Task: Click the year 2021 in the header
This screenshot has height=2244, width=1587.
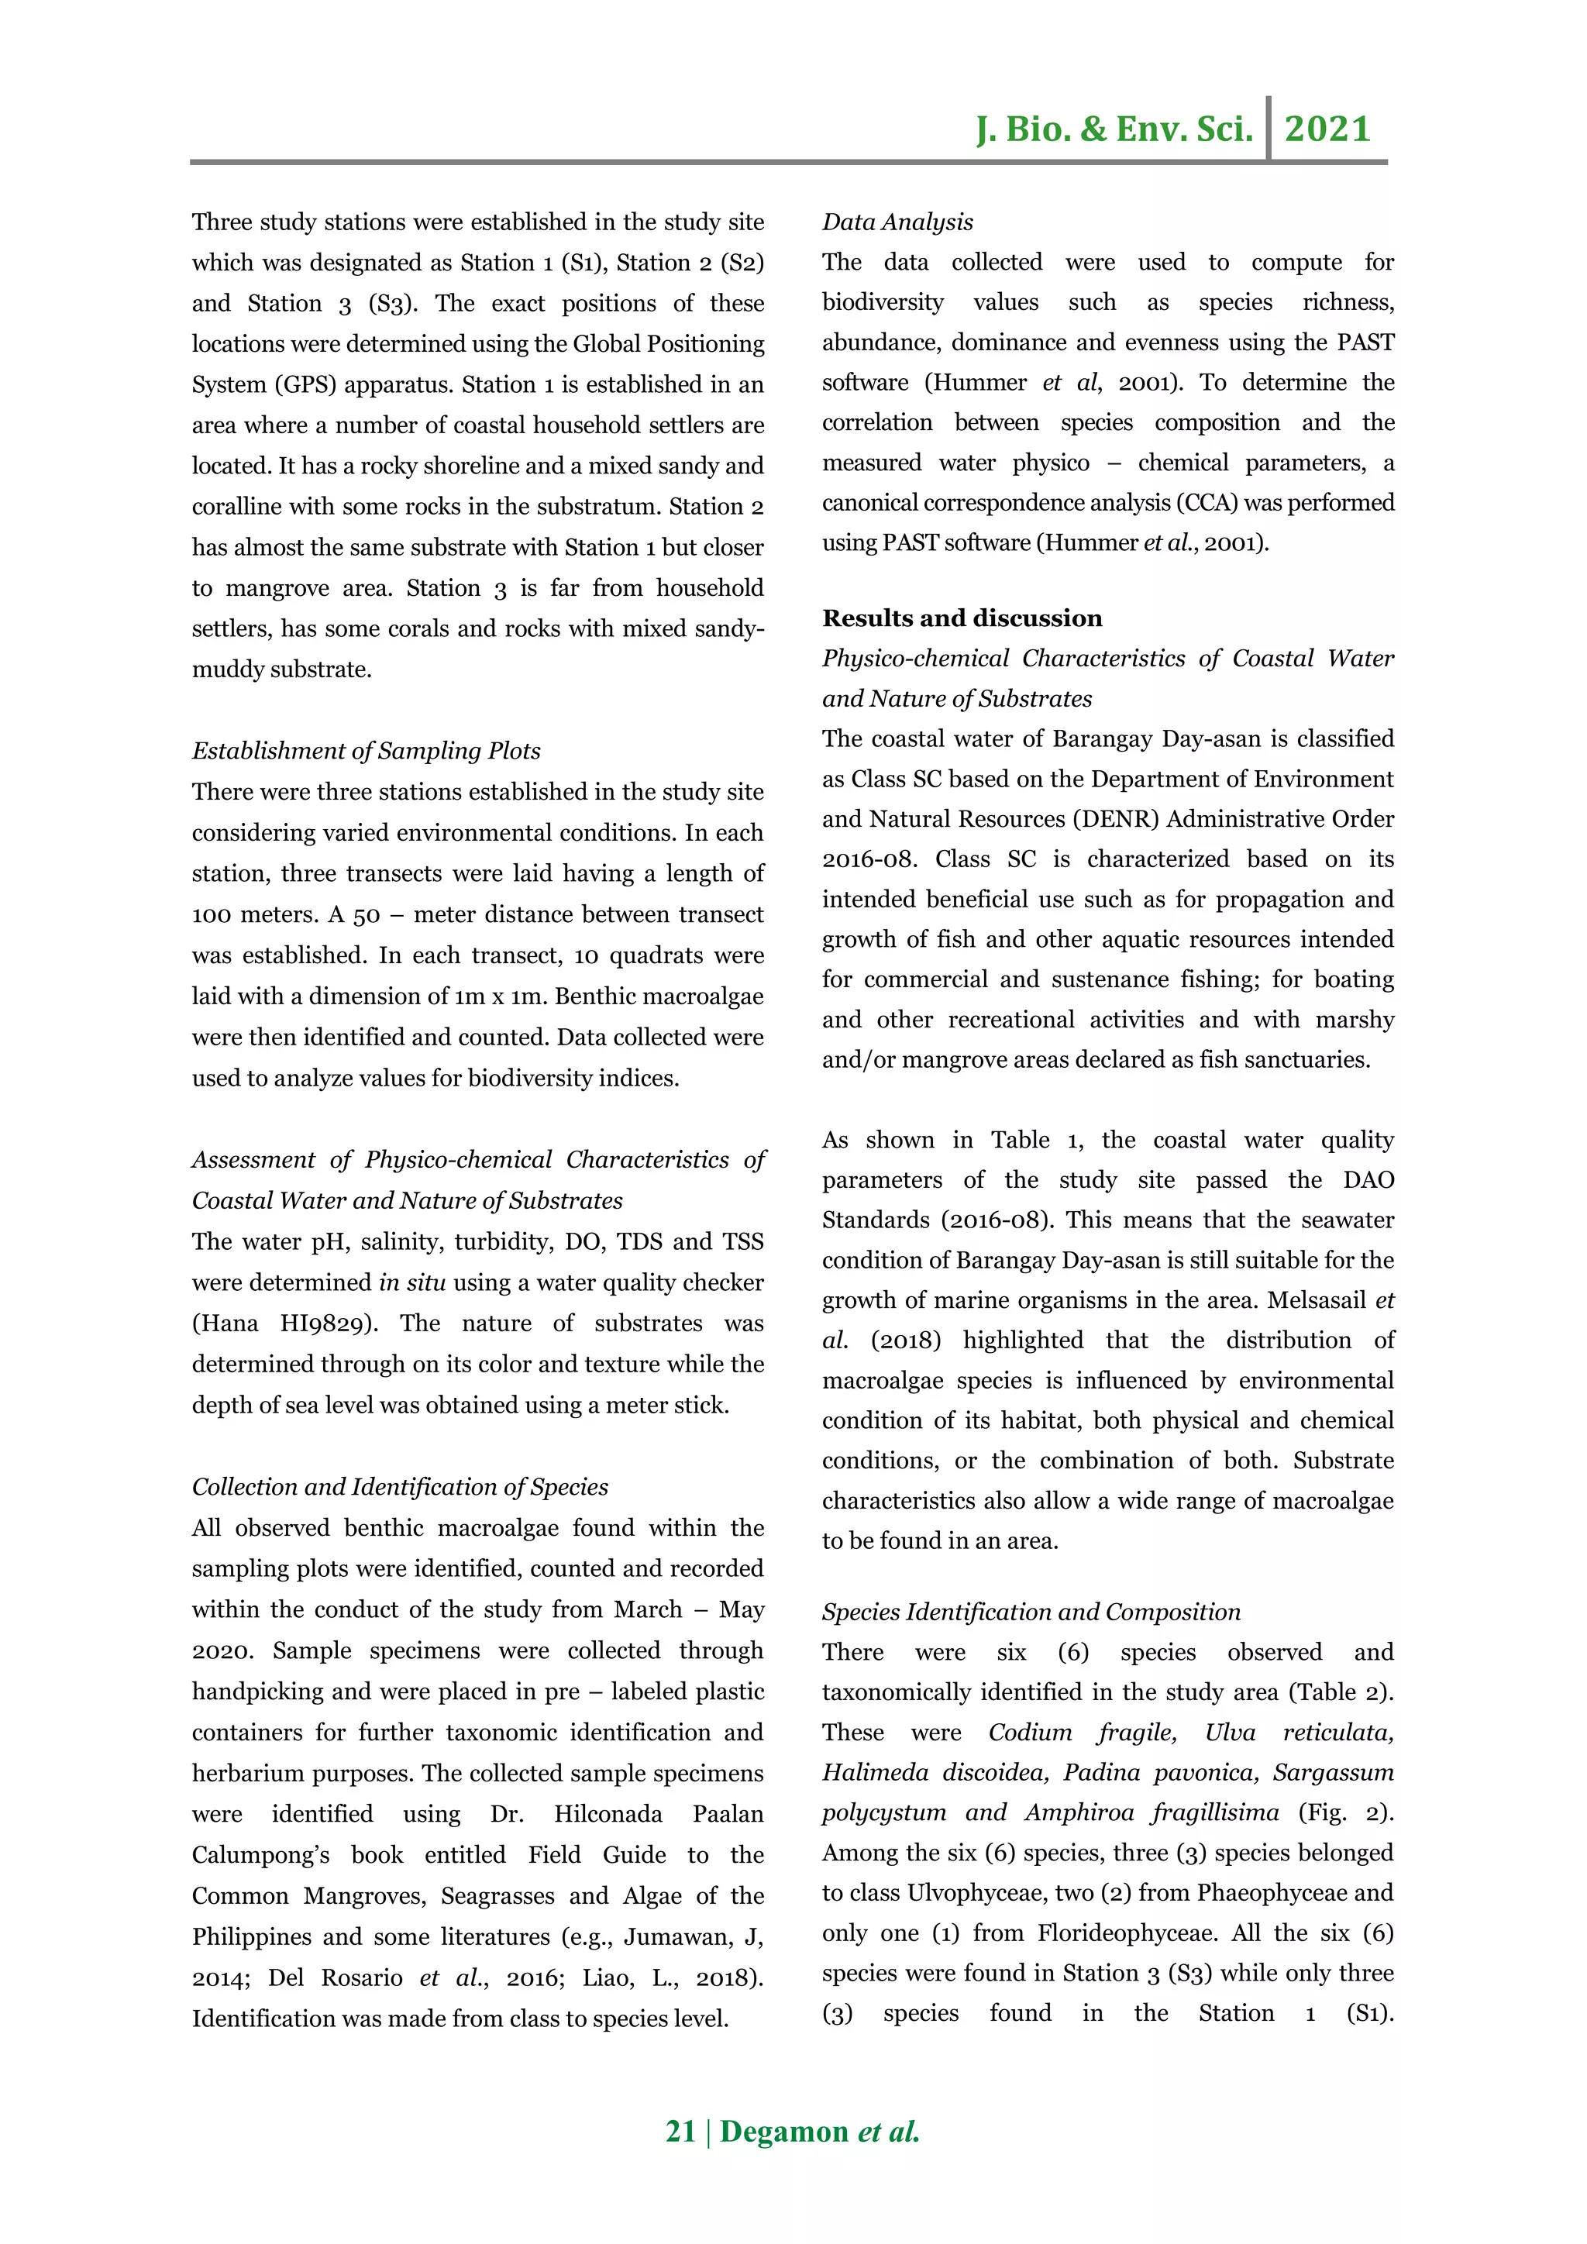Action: [1327, 129]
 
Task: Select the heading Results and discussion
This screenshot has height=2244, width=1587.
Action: [962, 618]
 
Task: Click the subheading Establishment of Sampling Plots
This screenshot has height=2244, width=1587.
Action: [366, 751]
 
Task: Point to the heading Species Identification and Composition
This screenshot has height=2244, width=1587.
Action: [1031, 1612]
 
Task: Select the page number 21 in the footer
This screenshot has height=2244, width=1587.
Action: [680, 2132]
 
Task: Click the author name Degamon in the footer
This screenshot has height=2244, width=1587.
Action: [783, 2132]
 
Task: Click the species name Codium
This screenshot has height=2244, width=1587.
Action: [1030, 1732]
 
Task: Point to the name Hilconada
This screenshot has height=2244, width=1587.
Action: [608, 1814]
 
